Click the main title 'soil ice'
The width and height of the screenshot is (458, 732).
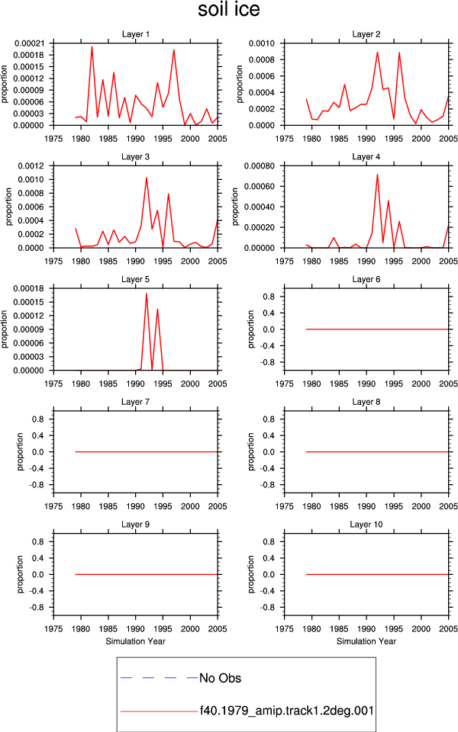click(x=228, y=9)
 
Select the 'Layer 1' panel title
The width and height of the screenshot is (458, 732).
click(x=136, y=34)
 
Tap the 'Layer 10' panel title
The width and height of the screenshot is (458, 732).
click(x=366, y=525)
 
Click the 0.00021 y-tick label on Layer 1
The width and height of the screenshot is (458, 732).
click(x=30, y=43)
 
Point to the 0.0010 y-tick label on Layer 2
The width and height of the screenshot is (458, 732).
click(x=262, y=43)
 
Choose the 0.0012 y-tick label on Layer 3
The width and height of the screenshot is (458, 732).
click(x=31, y=165)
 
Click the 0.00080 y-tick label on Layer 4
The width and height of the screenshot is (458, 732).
click(x=260, y=165)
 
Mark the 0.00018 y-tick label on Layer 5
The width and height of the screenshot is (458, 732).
click(x=29, y=288)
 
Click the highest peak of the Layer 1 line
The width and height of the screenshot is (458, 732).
click(x=92, y=47)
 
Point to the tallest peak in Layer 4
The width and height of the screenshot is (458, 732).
click(x=377, y=175)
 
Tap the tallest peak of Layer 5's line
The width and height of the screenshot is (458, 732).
click(x=147, y=294)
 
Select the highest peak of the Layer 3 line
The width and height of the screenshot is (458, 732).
click(x=147, y=178)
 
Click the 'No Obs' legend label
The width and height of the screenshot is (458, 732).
click(x=220, y=678)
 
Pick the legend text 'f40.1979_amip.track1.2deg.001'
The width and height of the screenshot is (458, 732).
click(x=287, y=711)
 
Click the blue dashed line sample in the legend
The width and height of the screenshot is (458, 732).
click(x=159, y=677)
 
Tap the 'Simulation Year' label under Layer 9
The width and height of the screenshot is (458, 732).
click(x=136, y=641)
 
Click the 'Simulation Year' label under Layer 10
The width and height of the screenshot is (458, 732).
click(x=366, y=641)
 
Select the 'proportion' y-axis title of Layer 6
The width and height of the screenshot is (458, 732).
click(x=251, y=329)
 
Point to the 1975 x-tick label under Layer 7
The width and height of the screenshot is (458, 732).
click(x=53, y=506)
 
